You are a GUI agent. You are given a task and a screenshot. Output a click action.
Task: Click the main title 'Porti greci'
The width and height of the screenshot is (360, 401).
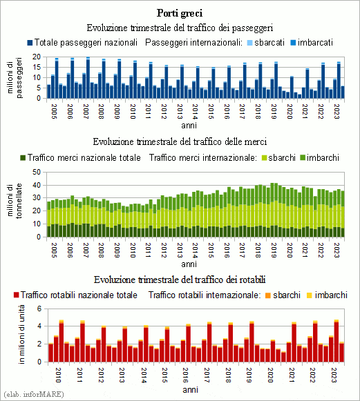tap(180, 13)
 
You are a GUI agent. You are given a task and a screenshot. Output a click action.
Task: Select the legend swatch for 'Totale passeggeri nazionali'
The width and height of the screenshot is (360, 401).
tap(30, 43)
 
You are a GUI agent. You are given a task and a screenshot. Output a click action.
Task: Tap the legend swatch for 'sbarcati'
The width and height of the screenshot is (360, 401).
tap(250, 43)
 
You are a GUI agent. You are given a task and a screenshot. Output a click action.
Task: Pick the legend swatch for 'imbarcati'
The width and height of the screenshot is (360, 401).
tap(293, 43)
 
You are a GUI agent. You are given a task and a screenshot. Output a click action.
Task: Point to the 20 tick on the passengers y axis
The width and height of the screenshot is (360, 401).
tap(37, 57)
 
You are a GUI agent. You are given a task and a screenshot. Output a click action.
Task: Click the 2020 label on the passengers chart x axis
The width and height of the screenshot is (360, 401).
tap(290, 112)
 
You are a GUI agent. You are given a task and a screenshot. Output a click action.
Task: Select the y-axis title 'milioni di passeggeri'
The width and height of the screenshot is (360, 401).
tap(15, 78)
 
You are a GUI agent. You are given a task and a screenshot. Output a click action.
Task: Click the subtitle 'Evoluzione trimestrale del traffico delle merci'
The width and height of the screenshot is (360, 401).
tap(180, 141)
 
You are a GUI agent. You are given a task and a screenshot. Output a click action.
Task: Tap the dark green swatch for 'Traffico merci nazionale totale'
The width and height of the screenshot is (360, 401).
tap(23, 158)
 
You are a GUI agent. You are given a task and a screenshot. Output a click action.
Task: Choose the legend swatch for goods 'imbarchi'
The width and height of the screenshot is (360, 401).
tap(303, 158)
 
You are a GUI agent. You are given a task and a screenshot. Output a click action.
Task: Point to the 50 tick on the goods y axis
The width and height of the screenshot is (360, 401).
tap(37, 172)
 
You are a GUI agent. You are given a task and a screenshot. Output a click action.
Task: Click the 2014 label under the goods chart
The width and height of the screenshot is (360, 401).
tap(195, 250)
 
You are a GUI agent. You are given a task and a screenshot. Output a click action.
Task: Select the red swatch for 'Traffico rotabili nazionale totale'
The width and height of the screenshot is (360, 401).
tap(17, 295)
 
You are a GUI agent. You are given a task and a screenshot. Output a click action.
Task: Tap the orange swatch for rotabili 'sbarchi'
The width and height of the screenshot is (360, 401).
tap(268, 295)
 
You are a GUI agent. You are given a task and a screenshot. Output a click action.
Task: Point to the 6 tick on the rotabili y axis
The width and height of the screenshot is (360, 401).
tap(39, 309)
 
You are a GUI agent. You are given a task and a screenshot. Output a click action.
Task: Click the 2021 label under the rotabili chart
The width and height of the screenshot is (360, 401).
tap(292, 375)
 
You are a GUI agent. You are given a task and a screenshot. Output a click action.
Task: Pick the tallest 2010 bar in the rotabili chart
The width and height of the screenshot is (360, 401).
tap(61, 341)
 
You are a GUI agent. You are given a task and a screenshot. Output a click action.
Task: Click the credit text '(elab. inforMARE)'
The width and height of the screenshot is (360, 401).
tap(34, 394)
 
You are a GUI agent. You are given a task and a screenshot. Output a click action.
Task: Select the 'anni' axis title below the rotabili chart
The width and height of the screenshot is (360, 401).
tap(190, 390)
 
